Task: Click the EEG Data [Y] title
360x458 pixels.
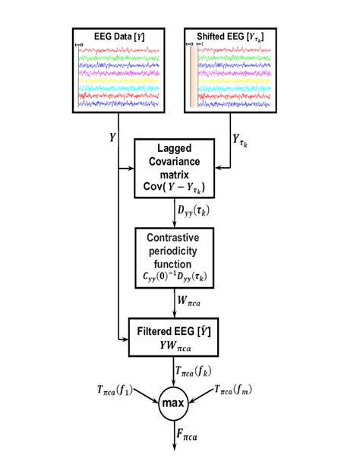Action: coord(117,36)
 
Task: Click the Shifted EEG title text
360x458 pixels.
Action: coord(230,36)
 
